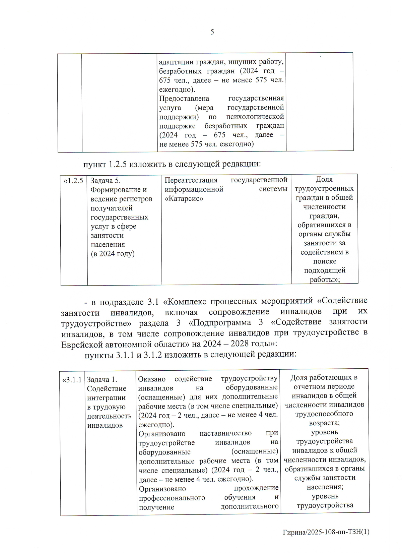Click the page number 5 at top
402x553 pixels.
coord(212,32)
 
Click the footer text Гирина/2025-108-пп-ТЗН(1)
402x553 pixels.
coord(326,532)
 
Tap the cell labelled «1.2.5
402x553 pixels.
coord(73,181)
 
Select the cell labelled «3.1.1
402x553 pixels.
coord(72,380)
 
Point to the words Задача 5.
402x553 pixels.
coord(105,181)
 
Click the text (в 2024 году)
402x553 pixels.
coord(113,254)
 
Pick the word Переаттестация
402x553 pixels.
coord(191,180)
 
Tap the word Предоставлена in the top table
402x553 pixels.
coord(184,99)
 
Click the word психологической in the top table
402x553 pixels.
coord(255,117)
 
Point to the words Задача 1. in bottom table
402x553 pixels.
coord(102,380)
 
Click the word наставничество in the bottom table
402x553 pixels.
coord(225,433)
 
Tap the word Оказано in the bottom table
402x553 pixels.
coord(152,379)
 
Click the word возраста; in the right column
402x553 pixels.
coord(324,423)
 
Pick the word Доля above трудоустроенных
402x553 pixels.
coord(324,180)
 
